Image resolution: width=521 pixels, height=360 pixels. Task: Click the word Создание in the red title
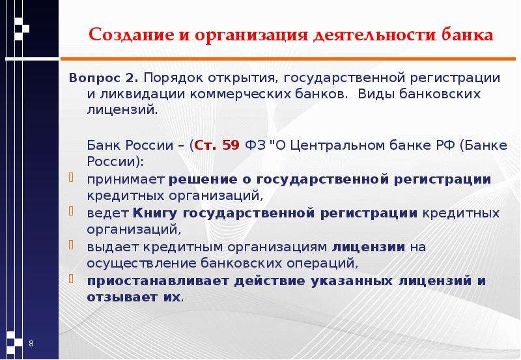[x=132, y=35]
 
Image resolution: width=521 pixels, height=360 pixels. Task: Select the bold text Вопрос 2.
[x=104, y=78]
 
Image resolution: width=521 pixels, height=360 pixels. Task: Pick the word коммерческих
[x=241, y=94]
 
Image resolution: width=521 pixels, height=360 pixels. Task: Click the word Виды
[x=376, y=94]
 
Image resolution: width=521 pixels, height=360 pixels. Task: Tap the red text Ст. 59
[x=217, y=145]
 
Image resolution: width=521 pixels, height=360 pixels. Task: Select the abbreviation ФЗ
[x=255, y=145]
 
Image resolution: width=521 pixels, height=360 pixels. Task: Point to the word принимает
[x=126, y=180]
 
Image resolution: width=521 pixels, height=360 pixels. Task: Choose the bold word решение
[x=203, y=180]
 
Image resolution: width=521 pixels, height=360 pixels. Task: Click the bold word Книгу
[x=155, y=214]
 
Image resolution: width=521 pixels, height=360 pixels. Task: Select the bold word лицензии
[x=369, y=247]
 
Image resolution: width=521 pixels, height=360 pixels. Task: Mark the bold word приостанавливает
[x=158, y=281]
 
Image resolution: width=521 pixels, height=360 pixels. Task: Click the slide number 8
[x=31, y=343]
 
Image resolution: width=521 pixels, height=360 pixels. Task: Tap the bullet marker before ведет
[x=71, y=211]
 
